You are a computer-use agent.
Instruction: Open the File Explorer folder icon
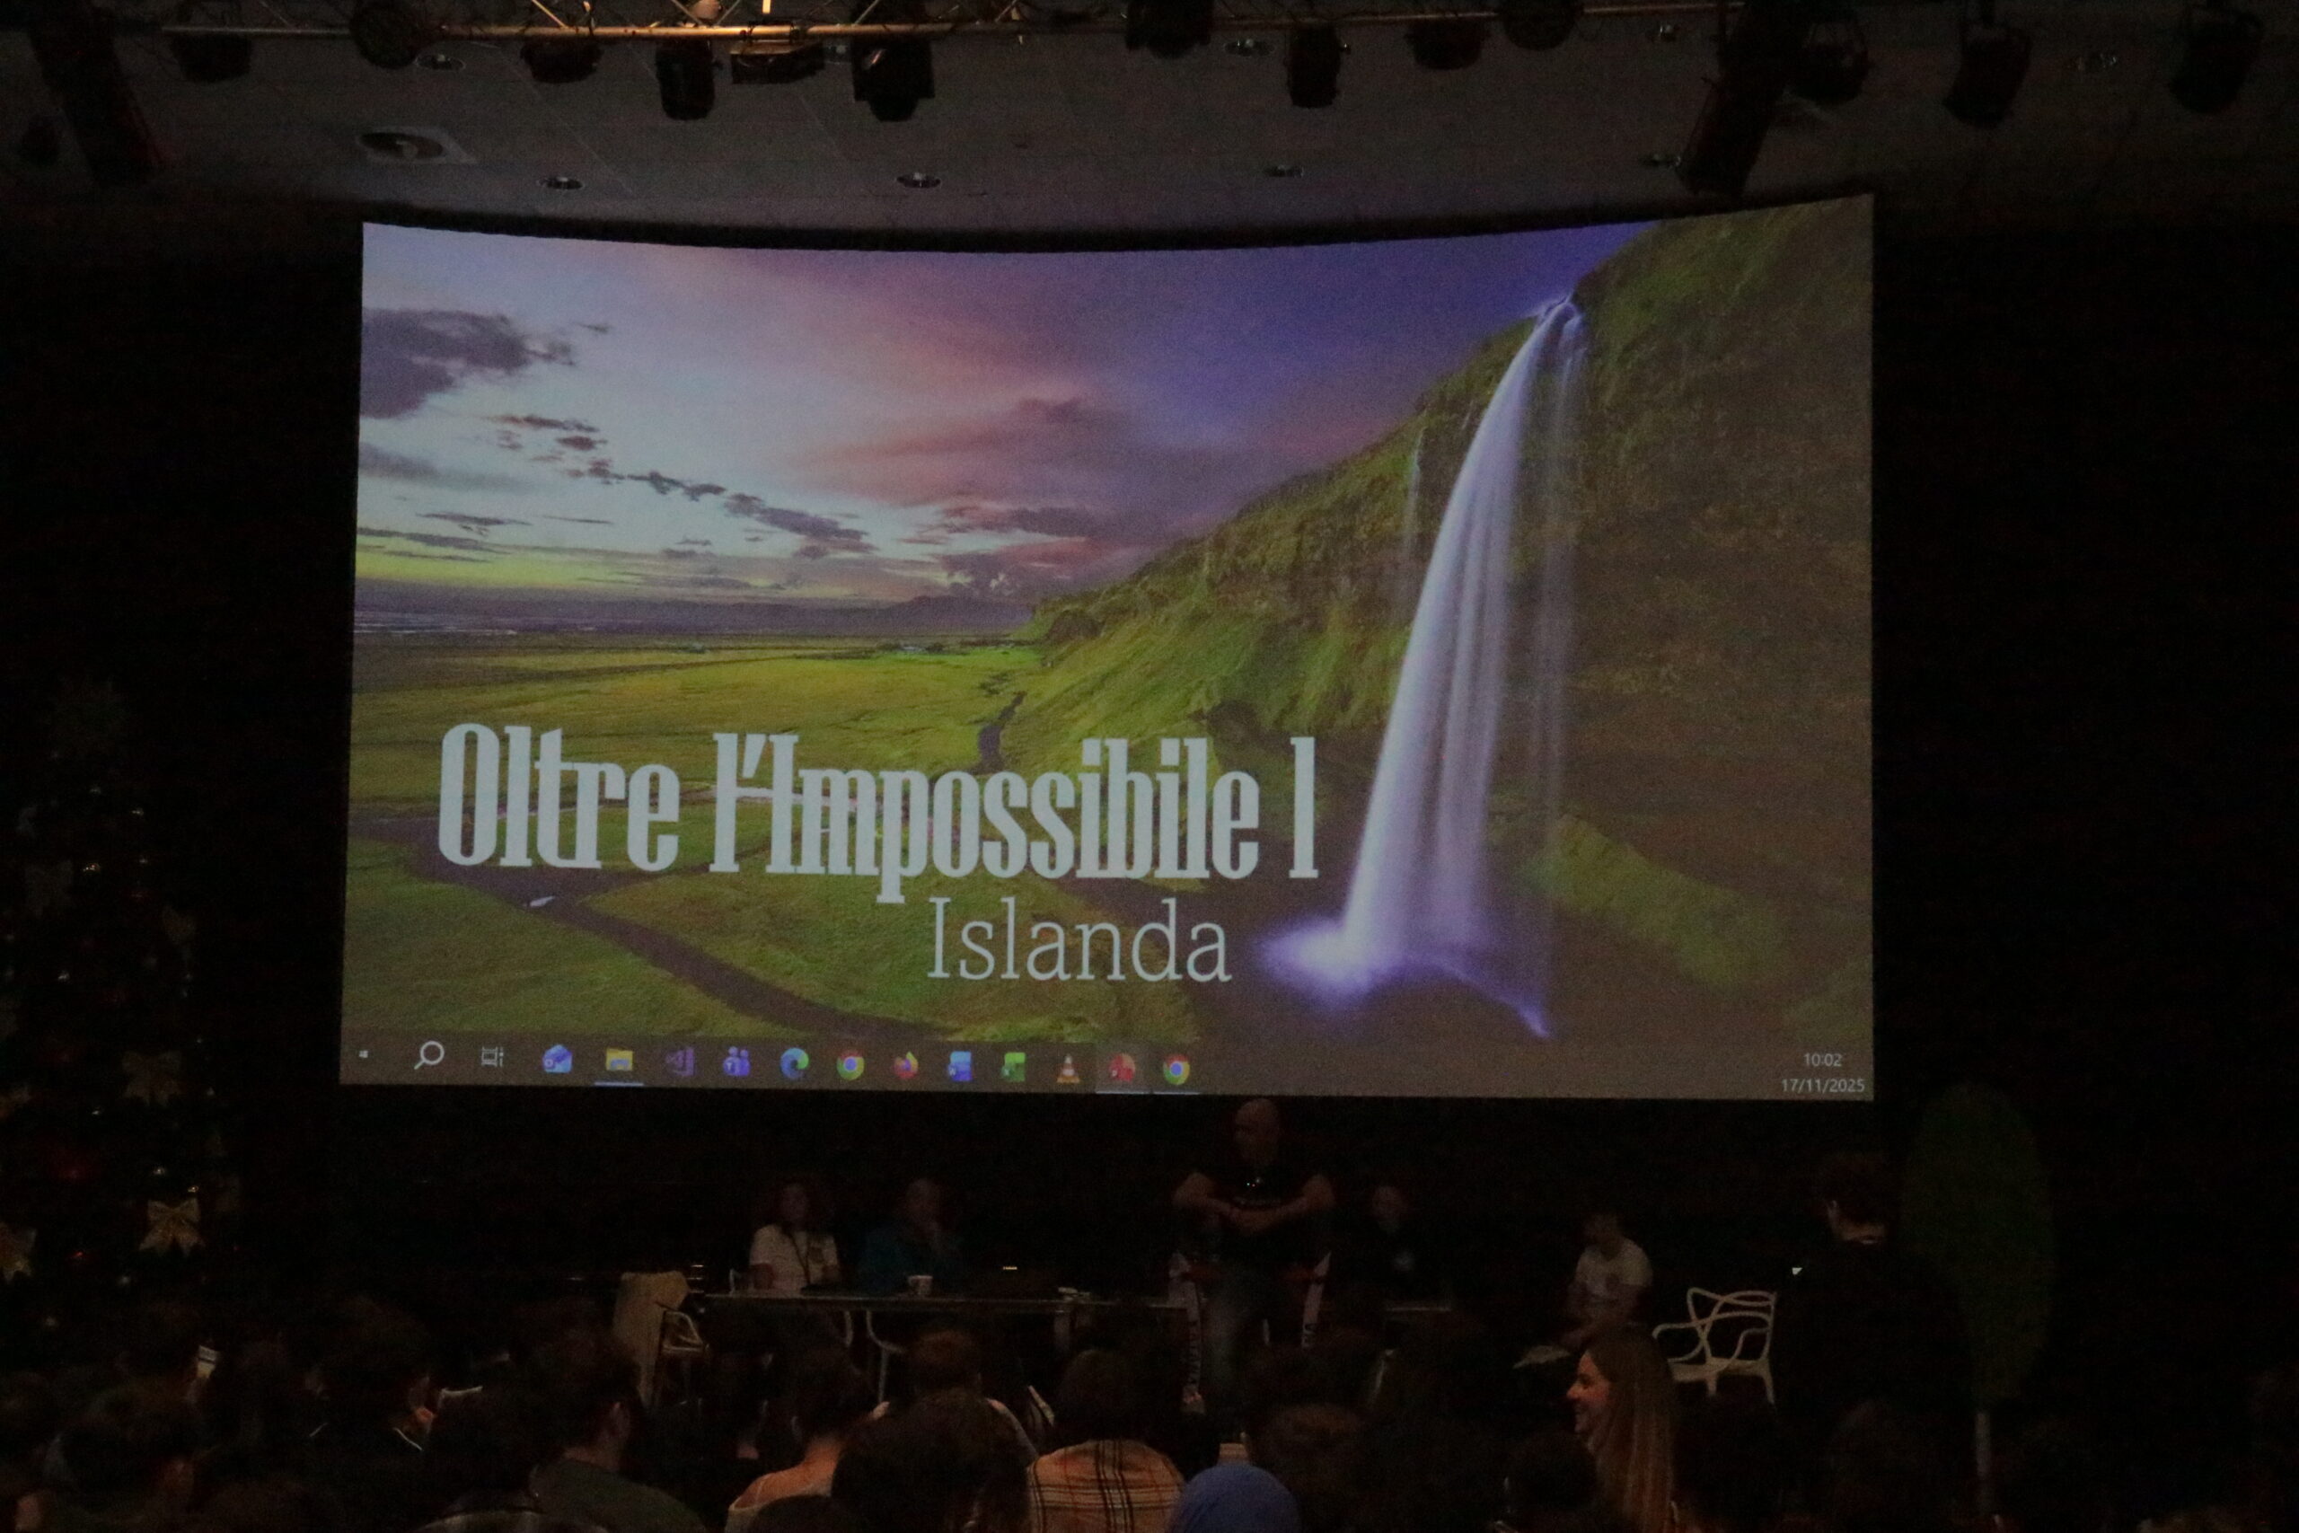619,1061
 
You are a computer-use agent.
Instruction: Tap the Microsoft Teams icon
734,1062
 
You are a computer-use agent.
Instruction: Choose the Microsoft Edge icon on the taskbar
794,1063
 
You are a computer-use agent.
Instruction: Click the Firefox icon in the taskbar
905,1066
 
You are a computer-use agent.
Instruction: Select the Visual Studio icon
678,1062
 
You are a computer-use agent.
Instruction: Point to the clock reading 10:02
1821,1060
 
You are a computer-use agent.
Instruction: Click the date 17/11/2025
1821,1085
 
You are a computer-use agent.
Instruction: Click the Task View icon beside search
491,1057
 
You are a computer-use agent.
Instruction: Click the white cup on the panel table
918,1284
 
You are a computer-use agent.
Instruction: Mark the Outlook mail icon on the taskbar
557,1059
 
